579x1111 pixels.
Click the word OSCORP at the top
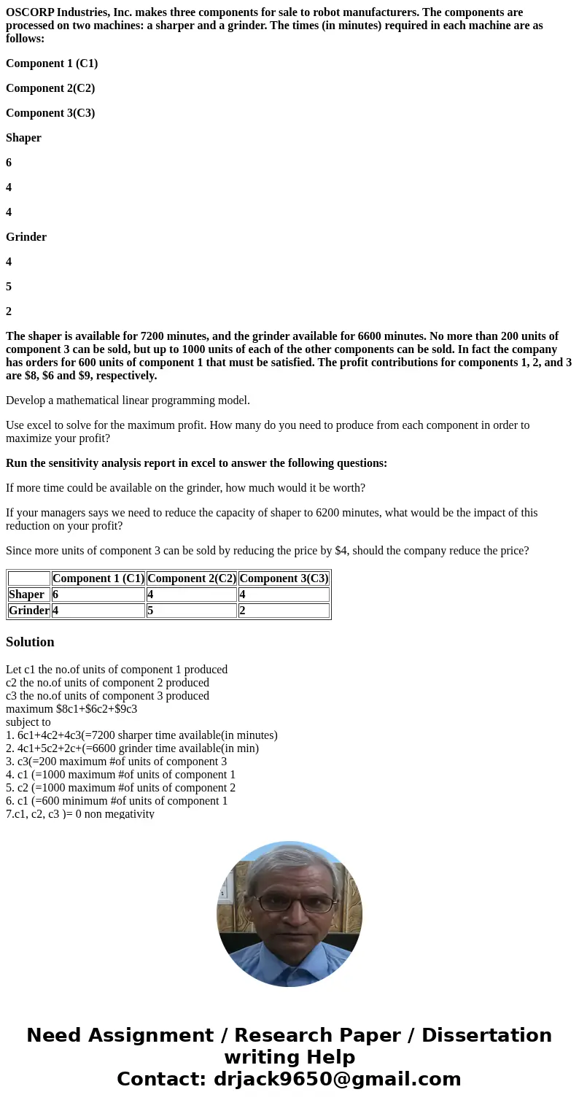[30, 12]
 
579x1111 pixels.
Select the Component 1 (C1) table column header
[98, 578]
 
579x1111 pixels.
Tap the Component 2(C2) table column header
[192, 578]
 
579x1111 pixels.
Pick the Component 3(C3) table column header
[284, 578]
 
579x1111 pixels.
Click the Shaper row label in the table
[26, 595]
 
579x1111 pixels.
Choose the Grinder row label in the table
[29, 611]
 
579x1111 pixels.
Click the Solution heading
[30, 642]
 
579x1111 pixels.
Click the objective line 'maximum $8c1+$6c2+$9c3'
[71, 709]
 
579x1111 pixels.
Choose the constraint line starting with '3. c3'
[116, 762]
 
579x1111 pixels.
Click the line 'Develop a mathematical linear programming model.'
[128, 400]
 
